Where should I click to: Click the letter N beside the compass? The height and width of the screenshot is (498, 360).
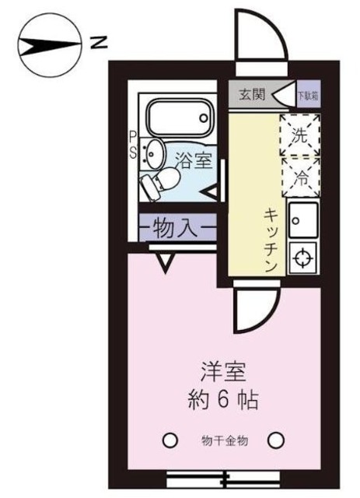coord(98,42)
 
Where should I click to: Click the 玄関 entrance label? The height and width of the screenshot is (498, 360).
coord(252,95)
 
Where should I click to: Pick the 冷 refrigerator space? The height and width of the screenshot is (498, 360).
coord(299,175)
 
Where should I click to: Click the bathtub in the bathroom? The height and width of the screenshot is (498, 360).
coord(179,117)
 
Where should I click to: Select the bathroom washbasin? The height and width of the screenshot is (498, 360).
coord(152,152)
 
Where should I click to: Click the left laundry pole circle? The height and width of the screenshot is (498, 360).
coord(169,440)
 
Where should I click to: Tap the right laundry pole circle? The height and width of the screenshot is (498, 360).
coord(275,440)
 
